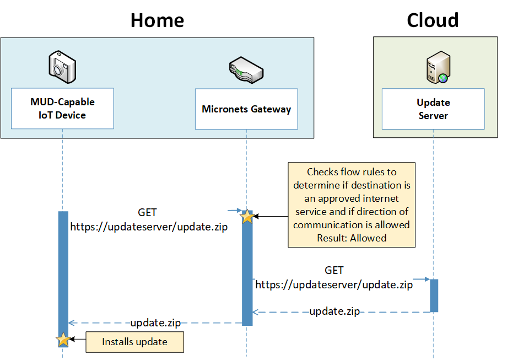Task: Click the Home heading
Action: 157,20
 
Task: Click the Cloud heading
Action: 433,20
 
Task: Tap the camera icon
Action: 62,67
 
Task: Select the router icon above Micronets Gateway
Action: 246,70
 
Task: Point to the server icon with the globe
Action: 438,67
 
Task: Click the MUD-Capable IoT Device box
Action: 62,109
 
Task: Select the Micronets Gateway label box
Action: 246,109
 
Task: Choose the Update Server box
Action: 433,109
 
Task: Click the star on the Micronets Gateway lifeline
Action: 247,216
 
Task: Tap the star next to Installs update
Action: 63,340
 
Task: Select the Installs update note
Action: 134,342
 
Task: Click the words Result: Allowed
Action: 352,238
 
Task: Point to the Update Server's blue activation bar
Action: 434,295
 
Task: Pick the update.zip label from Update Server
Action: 334,311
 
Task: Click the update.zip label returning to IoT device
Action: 155,323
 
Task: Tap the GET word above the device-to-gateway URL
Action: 147,213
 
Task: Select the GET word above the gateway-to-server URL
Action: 334,270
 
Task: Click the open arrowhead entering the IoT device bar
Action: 71,323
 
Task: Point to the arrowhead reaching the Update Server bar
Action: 428,279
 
